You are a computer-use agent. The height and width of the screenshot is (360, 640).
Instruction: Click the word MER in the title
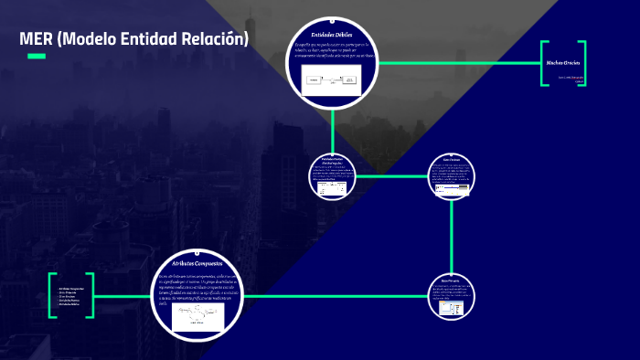tap(36, 39)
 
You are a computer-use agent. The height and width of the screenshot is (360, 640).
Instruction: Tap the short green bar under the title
tap(36, 57)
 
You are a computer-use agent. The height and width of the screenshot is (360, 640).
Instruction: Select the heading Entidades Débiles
tap(331, 35)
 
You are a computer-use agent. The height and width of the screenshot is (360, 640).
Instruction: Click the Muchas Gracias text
tap(563, 62)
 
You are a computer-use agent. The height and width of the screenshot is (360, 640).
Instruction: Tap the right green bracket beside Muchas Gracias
tap(582, 63)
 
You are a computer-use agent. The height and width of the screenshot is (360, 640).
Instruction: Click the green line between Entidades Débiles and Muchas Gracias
tap(457, 63)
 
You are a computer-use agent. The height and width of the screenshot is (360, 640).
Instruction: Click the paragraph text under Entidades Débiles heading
tap(331, 50)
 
